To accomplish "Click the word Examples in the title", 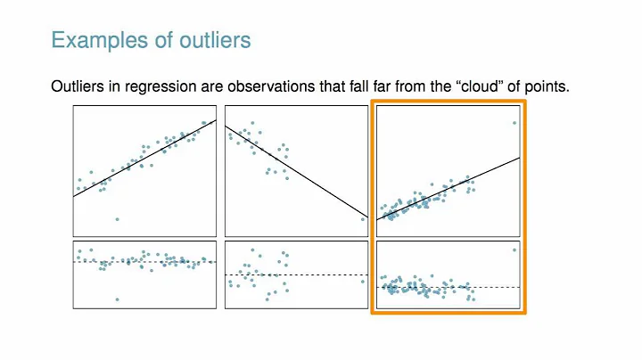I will point(90,41).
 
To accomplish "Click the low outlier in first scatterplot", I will point(117,218).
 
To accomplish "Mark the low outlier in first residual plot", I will point(117,299).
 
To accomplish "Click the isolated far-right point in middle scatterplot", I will point(363,218).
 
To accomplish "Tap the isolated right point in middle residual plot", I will point(363,281).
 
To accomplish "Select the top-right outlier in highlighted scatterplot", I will point(514,123).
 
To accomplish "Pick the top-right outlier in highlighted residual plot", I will point(514,250).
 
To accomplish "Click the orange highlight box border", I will point(525,205).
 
